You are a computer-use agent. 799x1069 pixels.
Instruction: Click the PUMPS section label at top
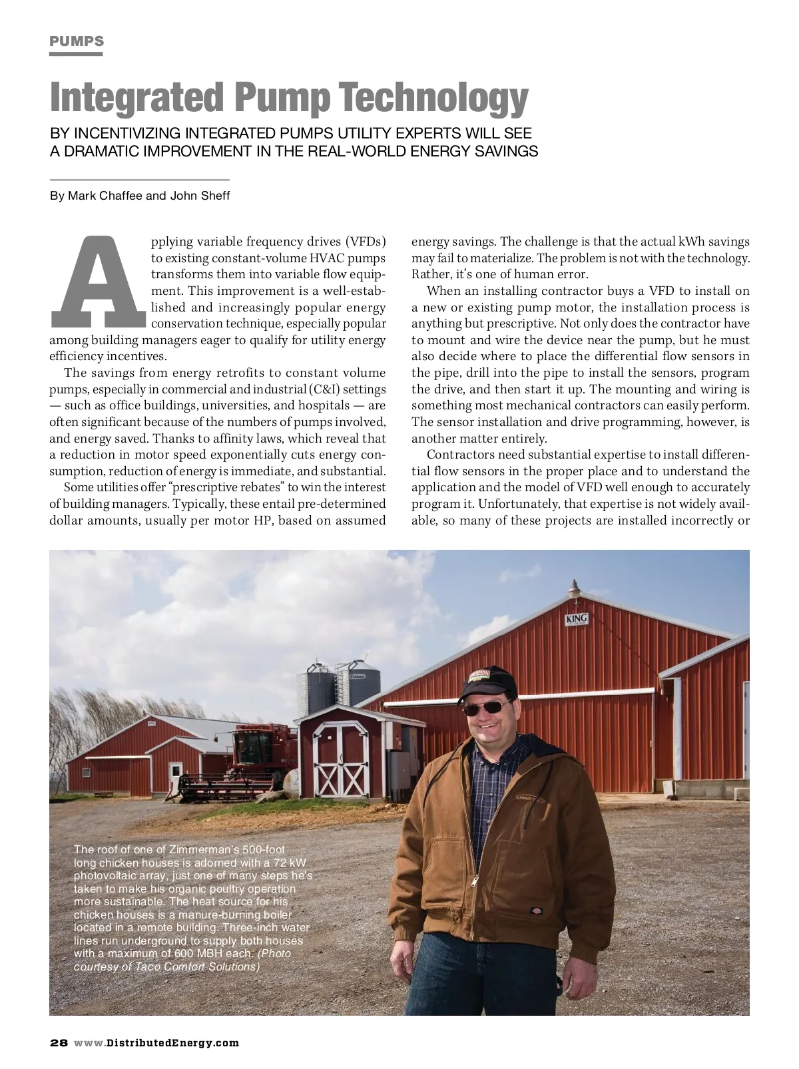tap(77, 41)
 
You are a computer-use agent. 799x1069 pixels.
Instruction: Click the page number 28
tap(59, 1042)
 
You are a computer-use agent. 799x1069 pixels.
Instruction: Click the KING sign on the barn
tap(576, 619)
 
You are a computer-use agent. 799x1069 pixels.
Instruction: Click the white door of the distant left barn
tap(174, 777)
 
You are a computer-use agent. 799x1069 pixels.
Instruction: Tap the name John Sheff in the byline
tap(200, 196)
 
